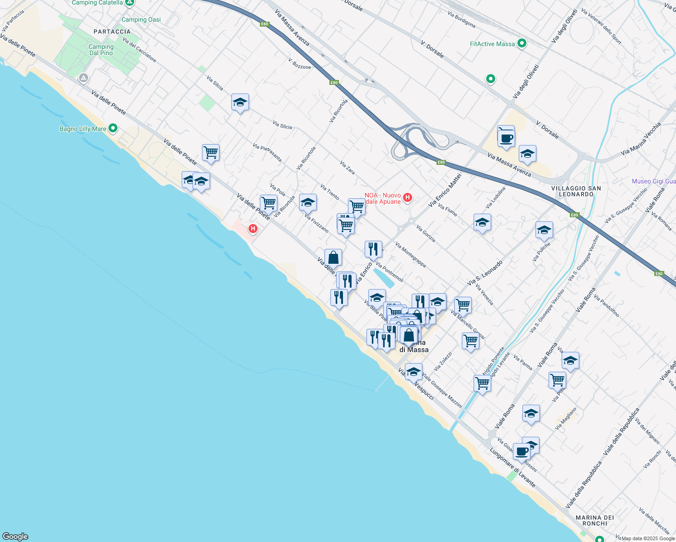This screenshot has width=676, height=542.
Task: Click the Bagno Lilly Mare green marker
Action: tap(113, 129)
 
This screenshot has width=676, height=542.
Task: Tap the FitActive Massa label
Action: tap(492, 44)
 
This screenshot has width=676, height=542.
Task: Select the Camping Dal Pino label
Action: tap(101, 50)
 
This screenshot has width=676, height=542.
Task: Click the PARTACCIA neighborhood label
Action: tap(112, 32)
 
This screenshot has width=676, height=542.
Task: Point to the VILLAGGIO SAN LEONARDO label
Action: tap(576, 191)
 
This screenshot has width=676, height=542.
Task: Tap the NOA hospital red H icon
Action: tap(408, 197)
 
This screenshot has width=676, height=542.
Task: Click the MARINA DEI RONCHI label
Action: tap(595, 520)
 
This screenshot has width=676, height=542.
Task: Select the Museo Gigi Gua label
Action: tap(653, 181)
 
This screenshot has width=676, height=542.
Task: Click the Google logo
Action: tap(15, 537)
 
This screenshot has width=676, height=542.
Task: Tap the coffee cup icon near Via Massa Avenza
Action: tap(506, 137)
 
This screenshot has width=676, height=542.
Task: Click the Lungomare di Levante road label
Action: tap(512, 467)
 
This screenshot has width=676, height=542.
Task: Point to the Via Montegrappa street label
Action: tap(410, 255)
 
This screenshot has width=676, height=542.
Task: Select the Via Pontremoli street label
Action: tap(390, 272)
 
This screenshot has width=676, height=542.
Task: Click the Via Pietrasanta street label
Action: tap(268, 153)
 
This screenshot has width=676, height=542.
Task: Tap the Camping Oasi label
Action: tap(141, 19)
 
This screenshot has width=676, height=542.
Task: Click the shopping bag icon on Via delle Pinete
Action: tap(333, 257)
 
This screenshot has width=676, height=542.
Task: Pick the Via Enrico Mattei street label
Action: tap(445, 191)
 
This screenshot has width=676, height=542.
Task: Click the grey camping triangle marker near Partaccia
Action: tap(83, 78)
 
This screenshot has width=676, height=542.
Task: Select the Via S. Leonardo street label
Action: tap(485, 273)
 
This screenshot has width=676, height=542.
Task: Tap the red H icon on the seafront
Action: tap(253, 229)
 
